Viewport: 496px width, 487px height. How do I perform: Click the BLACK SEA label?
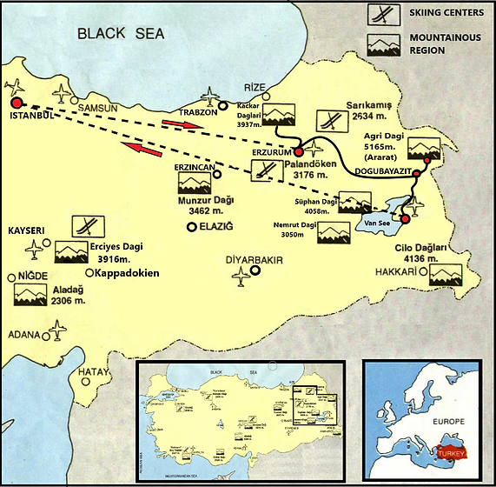(120, 34)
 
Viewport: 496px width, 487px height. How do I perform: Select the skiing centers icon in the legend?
(382, 15)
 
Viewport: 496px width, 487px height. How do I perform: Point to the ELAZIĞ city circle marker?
(192, 227)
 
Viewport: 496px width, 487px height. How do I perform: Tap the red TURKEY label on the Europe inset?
(453, 454)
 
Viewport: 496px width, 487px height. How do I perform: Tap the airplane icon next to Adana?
(56, 330)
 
